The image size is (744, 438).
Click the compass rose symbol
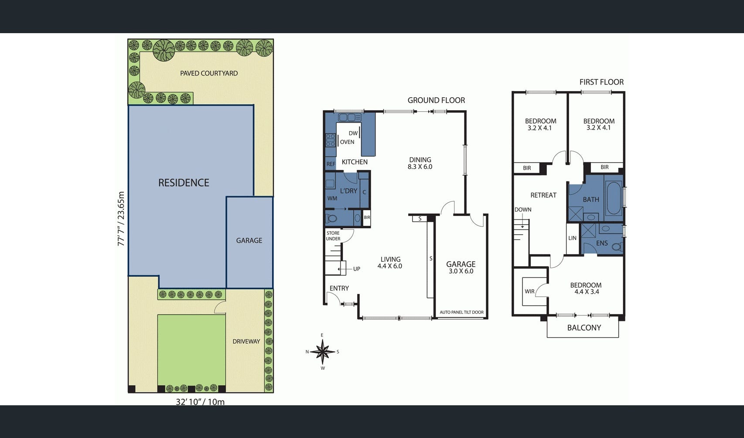tap(322, 352)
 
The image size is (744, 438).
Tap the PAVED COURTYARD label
tap(209, 73)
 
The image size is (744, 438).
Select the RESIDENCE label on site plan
tap(184, 183)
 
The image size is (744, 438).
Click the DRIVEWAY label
tap(246, 341)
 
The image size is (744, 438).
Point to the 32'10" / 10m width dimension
tap(200, 402)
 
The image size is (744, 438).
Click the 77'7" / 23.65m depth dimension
tap(121, 219)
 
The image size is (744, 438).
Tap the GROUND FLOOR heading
tap(436, 100)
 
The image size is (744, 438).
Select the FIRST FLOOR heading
tap(601, 82)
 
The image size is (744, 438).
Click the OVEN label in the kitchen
tap(347, 142)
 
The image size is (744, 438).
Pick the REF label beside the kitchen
tap(331, 164)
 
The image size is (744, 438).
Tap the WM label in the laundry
tap(332, 198)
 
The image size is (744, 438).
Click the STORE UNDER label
tap(333, 236)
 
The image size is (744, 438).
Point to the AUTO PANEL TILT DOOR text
tap(461, 312)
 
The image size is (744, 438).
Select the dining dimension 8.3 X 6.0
tap(420, 167)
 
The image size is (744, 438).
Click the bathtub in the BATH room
tap(614, 198)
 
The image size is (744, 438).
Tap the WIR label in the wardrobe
tap(529, 291)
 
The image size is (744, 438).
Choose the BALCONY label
tap(584, 328)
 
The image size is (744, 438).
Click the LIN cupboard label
tap(572, 238)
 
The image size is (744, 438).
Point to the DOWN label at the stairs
tap(523, 209)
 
